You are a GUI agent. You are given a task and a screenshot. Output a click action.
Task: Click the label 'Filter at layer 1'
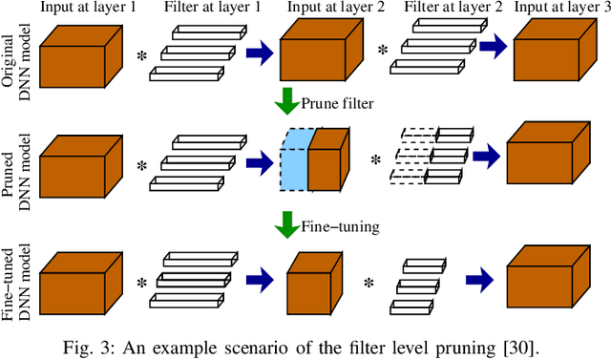pos(202,9)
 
